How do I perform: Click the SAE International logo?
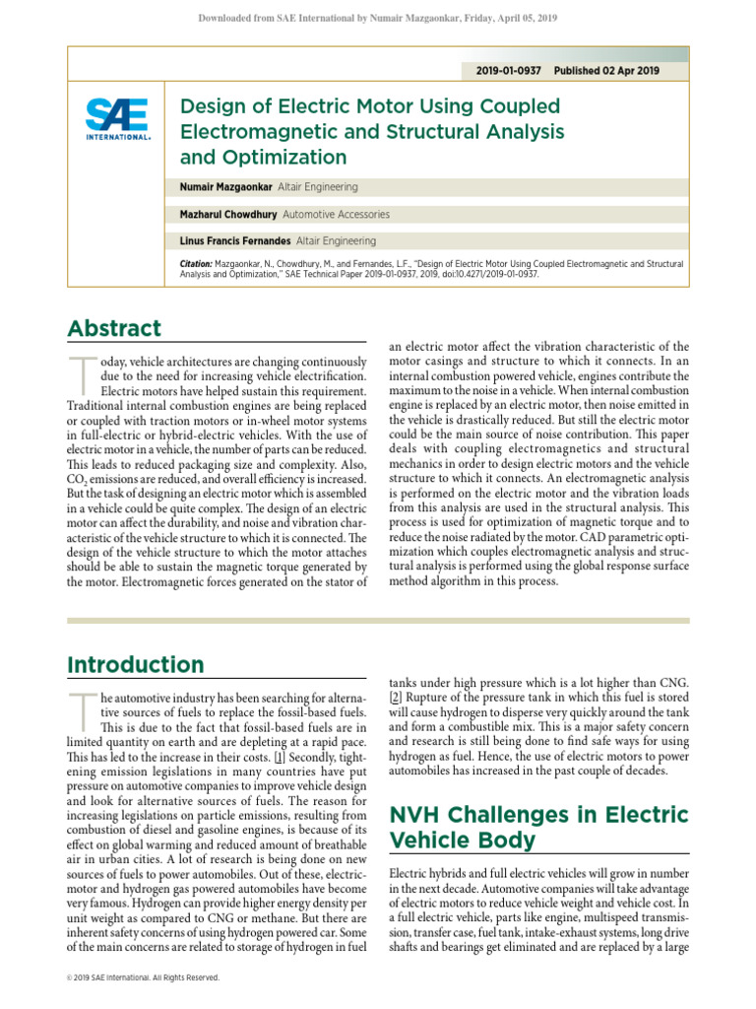tap(118, 119)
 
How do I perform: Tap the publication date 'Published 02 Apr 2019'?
tap(606, 71)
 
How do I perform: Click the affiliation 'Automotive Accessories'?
tap(336, 214)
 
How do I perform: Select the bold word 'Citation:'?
tap(196, 264)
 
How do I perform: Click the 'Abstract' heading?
tap(114, 329)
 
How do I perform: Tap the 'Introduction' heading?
tap(136, 665)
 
